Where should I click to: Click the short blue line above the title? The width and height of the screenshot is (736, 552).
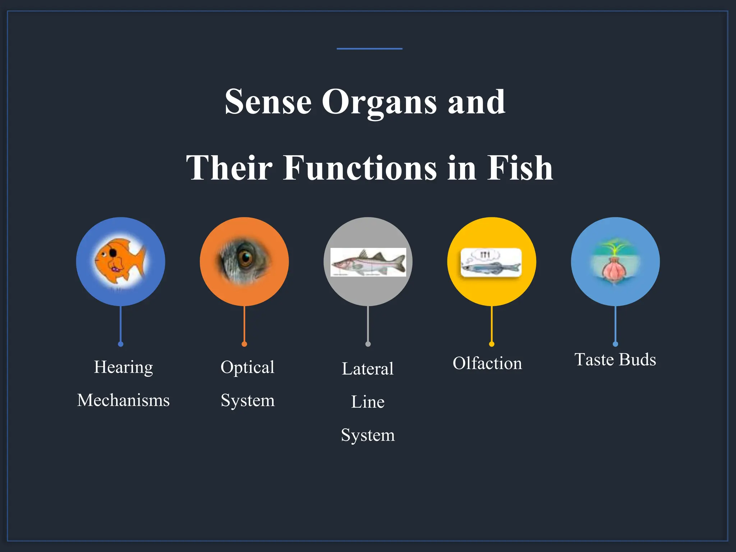pos(369,49)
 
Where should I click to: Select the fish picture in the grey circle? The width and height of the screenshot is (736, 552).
pos(368,262)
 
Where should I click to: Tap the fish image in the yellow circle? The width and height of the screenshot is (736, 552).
pos(491,263)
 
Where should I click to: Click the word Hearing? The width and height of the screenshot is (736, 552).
pos(123,367)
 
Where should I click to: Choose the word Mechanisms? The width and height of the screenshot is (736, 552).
pos(123,400)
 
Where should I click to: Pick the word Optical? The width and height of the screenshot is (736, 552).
pos(247,367)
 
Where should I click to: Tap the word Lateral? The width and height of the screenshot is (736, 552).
pos(368,369)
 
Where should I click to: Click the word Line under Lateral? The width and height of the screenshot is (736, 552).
pos(368,402)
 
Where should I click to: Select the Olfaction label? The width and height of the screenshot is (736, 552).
pos(487,363)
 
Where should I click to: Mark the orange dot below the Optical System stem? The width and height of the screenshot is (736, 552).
pos(244,344)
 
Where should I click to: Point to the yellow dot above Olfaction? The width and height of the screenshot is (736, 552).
pos(492,344)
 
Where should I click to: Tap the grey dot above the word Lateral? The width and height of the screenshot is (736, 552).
pos(368,344)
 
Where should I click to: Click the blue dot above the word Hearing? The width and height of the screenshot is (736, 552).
pos(121,344)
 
